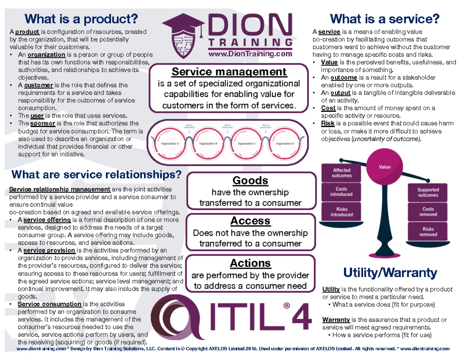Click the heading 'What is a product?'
pyautogui.click(x=81, y=19)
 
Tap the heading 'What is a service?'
pyautogui.click(x=384, y=19)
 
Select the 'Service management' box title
pyautogui.click(x=229, y=72)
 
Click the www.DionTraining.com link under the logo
pyautogui.click(x=250, y=54)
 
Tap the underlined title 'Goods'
pyautogui.click(x=250, y=181)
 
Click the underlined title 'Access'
pyautogui.click(x=250, y=221)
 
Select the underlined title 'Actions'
pyautogui.click(x=250, y=263)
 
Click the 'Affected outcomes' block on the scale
pyautogui.click(x=341, y=173)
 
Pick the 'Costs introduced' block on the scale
pyautogui.click(x=341, y=192)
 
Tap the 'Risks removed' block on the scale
pyautogui.click(x=428, y=232)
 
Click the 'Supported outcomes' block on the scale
pyautogui.click(x=428, y=193)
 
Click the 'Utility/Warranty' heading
pyautogui.click(x=390, y=273)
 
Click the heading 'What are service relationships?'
pyautogui.click(x=97, y=175)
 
